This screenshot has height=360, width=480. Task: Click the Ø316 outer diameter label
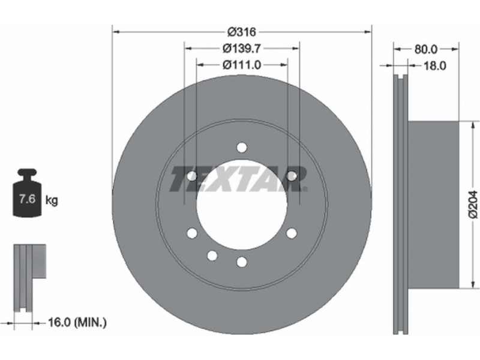(242, 31)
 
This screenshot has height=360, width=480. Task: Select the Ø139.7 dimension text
(242, 48)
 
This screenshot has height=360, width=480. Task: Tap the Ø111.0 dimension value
(242, 65)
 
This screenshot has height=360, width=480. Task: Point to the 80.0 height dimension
(426, 49)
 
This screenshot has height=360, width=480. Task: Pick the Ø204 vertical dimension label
(473, 205)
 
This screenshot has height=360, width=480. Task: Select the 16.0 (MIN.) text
(77, 322)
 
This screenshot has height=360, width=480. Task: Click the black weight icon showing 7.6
(27, 193)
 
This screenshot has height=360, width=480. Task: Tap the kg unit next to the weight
(52, 200)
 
